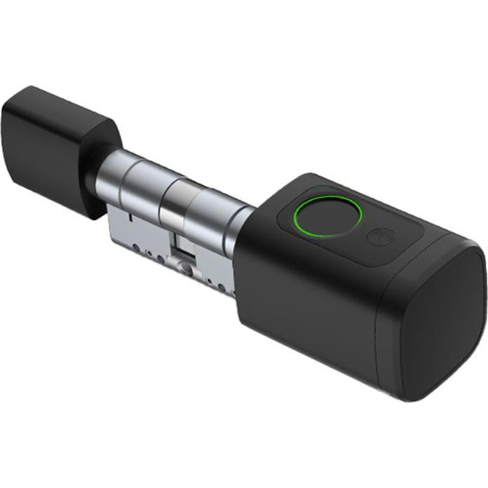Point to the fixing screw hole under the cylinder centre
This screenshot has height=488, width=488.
click(x=184, y=267)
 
